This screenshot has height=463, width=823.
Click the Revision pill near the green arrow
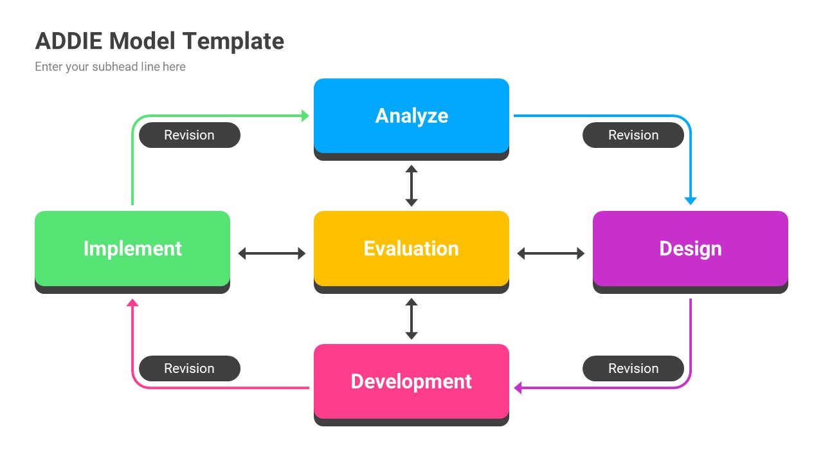[x=189, y=135]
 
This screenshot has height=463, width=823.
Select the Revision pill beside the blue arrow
[x=633, y=135]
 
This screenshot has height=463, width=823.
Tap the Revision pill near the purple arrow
[x=633, y=368]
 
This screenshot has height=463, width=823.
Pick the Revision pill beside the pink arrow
[x=189, y=368]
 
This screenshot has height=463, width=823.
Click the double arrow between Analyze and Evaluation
[x=411, y=186]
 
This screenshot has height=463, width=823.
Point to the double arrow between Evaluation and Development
[x=411, y=319]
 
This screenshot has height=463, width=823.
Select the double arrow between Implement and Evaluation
[x=272, y=253]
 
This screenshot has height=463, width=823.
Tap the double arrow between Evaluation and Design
[x=551, y=253]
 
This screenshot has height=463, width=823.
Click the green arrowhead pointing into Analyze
[x=305, y=116]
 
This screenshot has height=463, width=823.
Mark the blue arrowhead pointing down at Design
[x=691, y=201]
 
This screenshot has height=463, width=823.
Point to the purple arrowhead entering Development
[x=518, y=388]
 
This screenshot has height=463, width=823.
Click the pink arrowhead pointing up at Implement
[x=132, y=303]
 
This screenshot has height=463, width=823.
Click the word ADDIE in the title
[x=69, y=41]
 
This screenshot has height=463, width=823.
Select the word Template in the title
[x=233, y=41]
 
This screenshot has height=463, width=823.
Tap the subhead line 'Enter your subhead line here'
[x=110, y=67]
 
